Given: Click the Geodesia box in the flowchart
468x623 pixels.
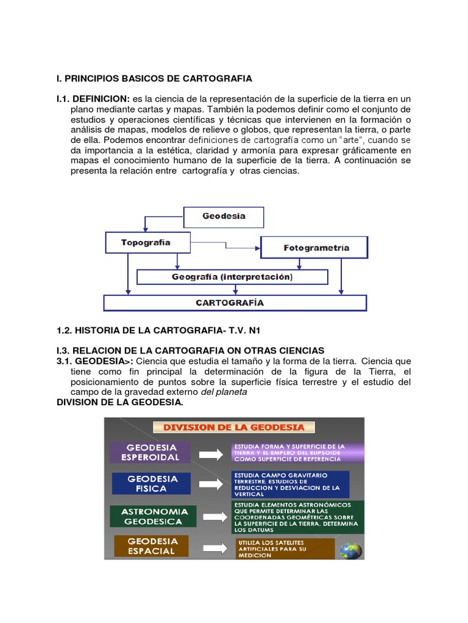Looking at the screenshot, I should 224,217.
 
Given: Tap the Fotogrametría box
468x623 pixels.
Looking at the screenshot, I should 314,248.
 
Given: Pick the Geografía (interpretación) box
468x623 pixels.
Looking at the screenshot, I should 232,277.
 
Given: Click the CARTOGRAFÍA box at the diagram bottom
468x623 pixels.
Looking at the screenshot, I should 235,302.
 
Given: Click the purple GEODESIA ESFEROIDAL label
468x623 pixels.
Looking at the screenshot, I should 151,452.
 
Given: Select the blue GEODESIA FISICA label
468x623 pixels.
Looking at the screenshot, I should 152,483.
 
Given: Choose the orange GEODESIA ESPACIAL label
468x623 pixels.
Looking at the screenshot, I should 151,546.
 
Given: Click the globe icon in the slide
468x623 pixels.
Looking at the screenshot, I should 351,550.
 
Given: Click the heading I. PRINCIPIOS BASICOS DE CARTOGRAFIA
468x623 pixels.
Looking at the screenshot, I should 154,79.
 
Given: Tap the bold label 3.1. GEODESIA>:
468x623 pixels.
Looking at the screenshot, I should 89,361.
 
